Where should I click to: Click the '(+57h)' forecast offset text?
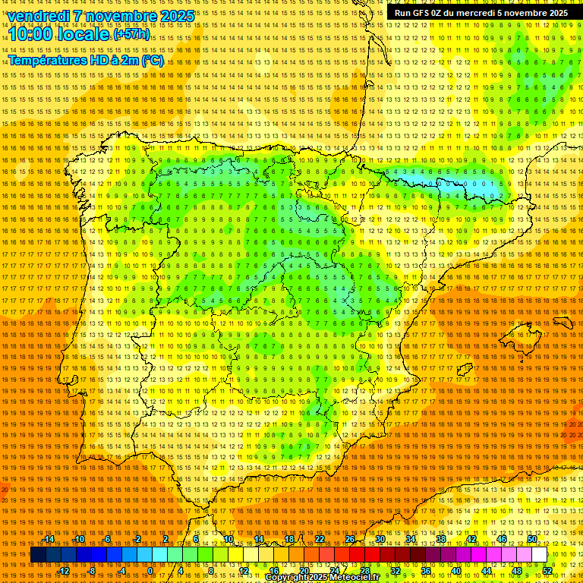pyautogui.click(x=131, y=35)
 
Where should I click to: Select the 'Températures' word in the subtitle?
pyautogui.click(x=47, y=60)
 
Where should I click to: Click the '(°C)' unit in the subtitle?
pyautogui.click(x=152, y=60)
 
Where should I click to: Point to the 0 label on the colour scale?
pyautogui.click(x=150, y=571)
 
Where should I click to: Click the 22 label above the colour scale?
pyautogui.click(x=320, y=539)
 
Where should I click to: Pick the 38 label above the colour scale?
pyautogui.click(x=441, y=539)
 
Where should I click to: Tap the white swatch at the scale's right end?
pyautogui.click(x=539, y=555)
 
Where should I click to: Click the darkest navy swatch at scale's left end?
pyautogui.click(x=38, y=555)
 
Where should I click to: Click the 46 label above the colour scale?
pyautogui.click(x=502, y=539)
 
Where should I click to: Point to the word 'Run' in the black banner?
pyautogui.click(x=403, y=13)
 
